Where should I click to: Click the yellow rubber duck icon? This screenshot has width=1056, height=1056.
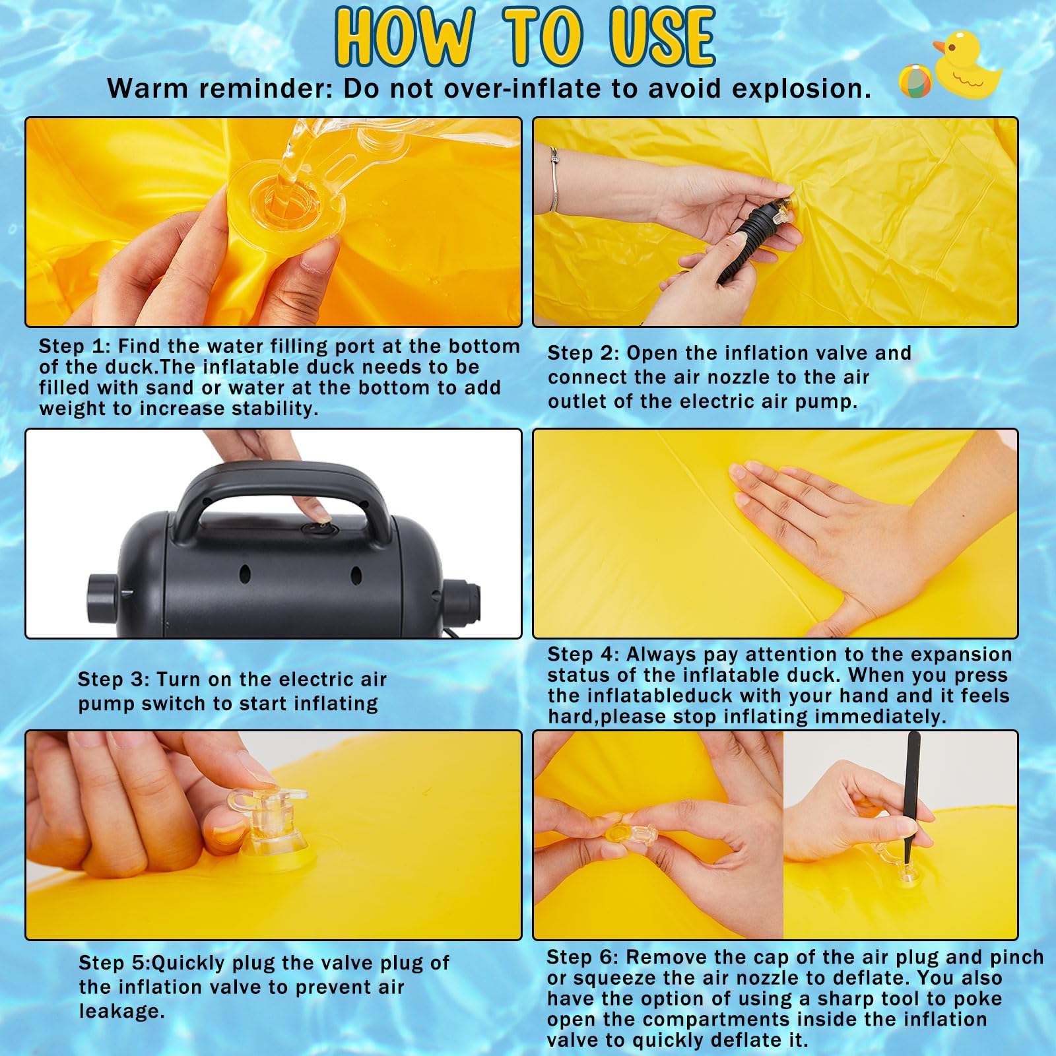point(967,66)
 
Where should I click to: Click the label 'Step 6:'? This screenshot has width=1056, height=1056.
point(583,957)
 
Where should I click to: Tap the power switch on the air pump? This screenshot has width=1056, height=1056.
point(319,528)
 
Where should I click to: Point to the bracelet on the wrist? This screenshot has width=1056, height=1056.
point(554,179)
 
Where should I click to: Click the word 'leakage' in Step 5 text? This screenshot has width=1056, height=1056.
point(121,1011)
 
